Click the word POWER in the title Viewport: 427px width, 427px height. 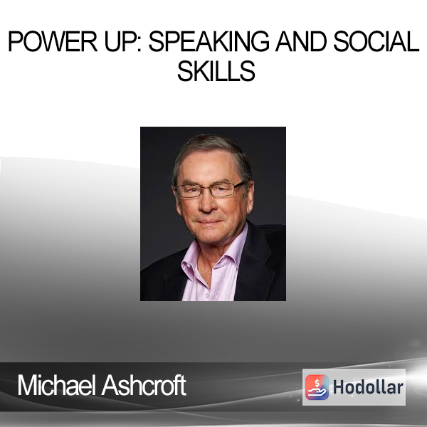53,41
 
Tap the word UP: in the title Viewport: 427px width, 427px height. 123,41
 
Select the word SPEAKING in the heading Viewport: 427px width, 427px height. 209,41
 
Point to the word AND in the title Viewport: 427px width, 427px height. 301,41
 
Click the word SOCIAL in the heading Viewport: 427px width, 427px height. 376,41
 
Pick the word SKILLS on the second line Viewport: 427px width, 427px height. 216,71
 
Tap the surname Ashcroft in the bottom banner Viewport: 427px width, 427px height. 144,385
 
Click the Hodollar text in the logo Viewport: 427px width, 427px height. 368,387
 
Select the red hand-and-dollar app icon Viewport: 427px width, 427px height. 317,387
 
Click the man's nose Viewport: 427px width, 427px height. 207,204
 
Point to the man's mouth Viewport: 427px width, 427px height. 209,222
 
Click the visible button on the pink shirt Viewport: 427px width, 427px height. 207,295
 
